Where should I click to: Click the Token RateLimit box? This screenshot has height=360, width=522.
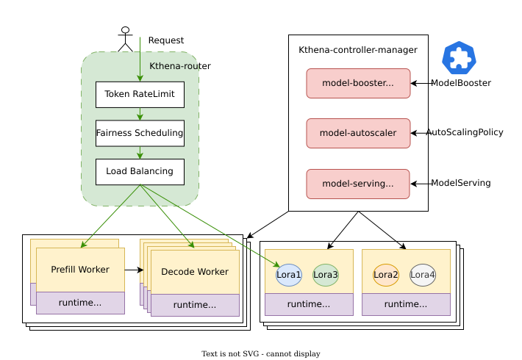pyautogui.click(x=140, y=94)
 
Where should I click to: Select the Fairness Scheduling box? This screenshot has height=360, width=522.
pyautogui.click(x=140, y=133)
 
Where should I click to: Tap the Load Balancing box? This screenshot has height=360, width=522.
pyautogui.click(x=140, y=172)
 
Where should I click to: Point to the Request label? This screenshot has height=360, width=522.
pyautogui.click(x=166, y=40)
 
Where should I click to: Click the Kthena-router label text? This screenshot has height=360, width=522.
pyautogui.click(x=180, y=66)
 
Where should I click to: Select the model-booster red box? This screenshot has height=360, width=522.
pyautogui.click(x=358, y=83)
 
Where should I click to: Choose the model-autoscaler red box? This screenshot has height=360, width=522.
pyautogui.click(x=358, y=133)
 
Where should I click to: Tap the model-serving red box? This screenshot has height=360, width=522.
pyautogui.click(x=358, y=184)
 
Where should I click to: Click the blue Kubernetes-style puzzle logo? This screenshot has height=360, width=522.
pyautogui.click(x=460, y=58)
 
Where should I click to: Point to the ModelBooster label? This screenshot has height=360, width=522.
pyautogui.click(x=461, y=83)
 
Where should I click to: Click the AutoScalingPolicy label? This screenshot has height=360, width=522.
pyautogui.click(x=465, y=132)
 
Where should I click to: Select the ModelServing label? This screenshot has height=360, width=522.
pyautogui.click(x=461, y=183)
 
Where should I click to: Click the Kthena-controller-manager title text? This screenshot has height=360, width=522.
pyautogui.click(x=358, y=50)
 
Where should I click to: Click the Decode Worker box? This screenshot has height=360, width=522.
pyautogui.click(x=195, y=273)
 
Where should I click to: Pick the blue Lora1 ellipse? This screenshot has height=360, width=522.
pyautogui.click(x=289, y=275)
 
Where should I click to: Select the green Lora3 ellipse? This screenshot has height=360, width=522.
pyautogui.click(x=326, y=275)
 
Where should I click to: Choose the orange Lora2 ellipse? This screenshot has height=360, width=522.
pyautogui.click(x=386, y=275)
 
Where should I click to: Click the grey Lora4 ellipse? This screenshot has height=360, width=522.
pyautogui.click(x=423, y=275)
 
